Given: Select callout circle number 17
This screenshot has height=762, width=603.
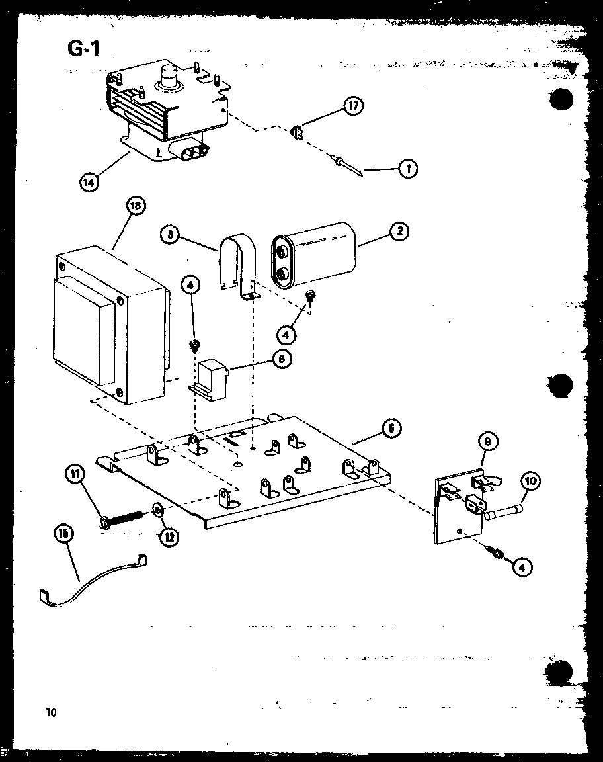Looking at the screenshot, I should click(354, 106).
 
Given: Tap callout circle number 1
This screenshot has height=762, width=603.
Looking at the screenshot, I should click(408, 169).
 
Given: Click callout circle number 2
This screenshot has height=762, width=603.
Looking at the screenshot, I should click(399, 231).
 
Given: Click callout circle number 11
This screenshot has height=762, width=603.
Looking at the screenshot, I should click(74, 474).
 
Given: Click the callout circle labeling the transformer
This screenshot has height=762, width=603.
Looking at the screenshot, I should click(135, 206).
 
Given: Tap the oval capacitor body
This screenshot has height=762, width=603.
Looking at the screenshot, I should click(314, 255).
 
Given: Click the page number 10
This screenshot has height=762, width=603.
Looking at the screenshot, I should click(52, 712).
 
